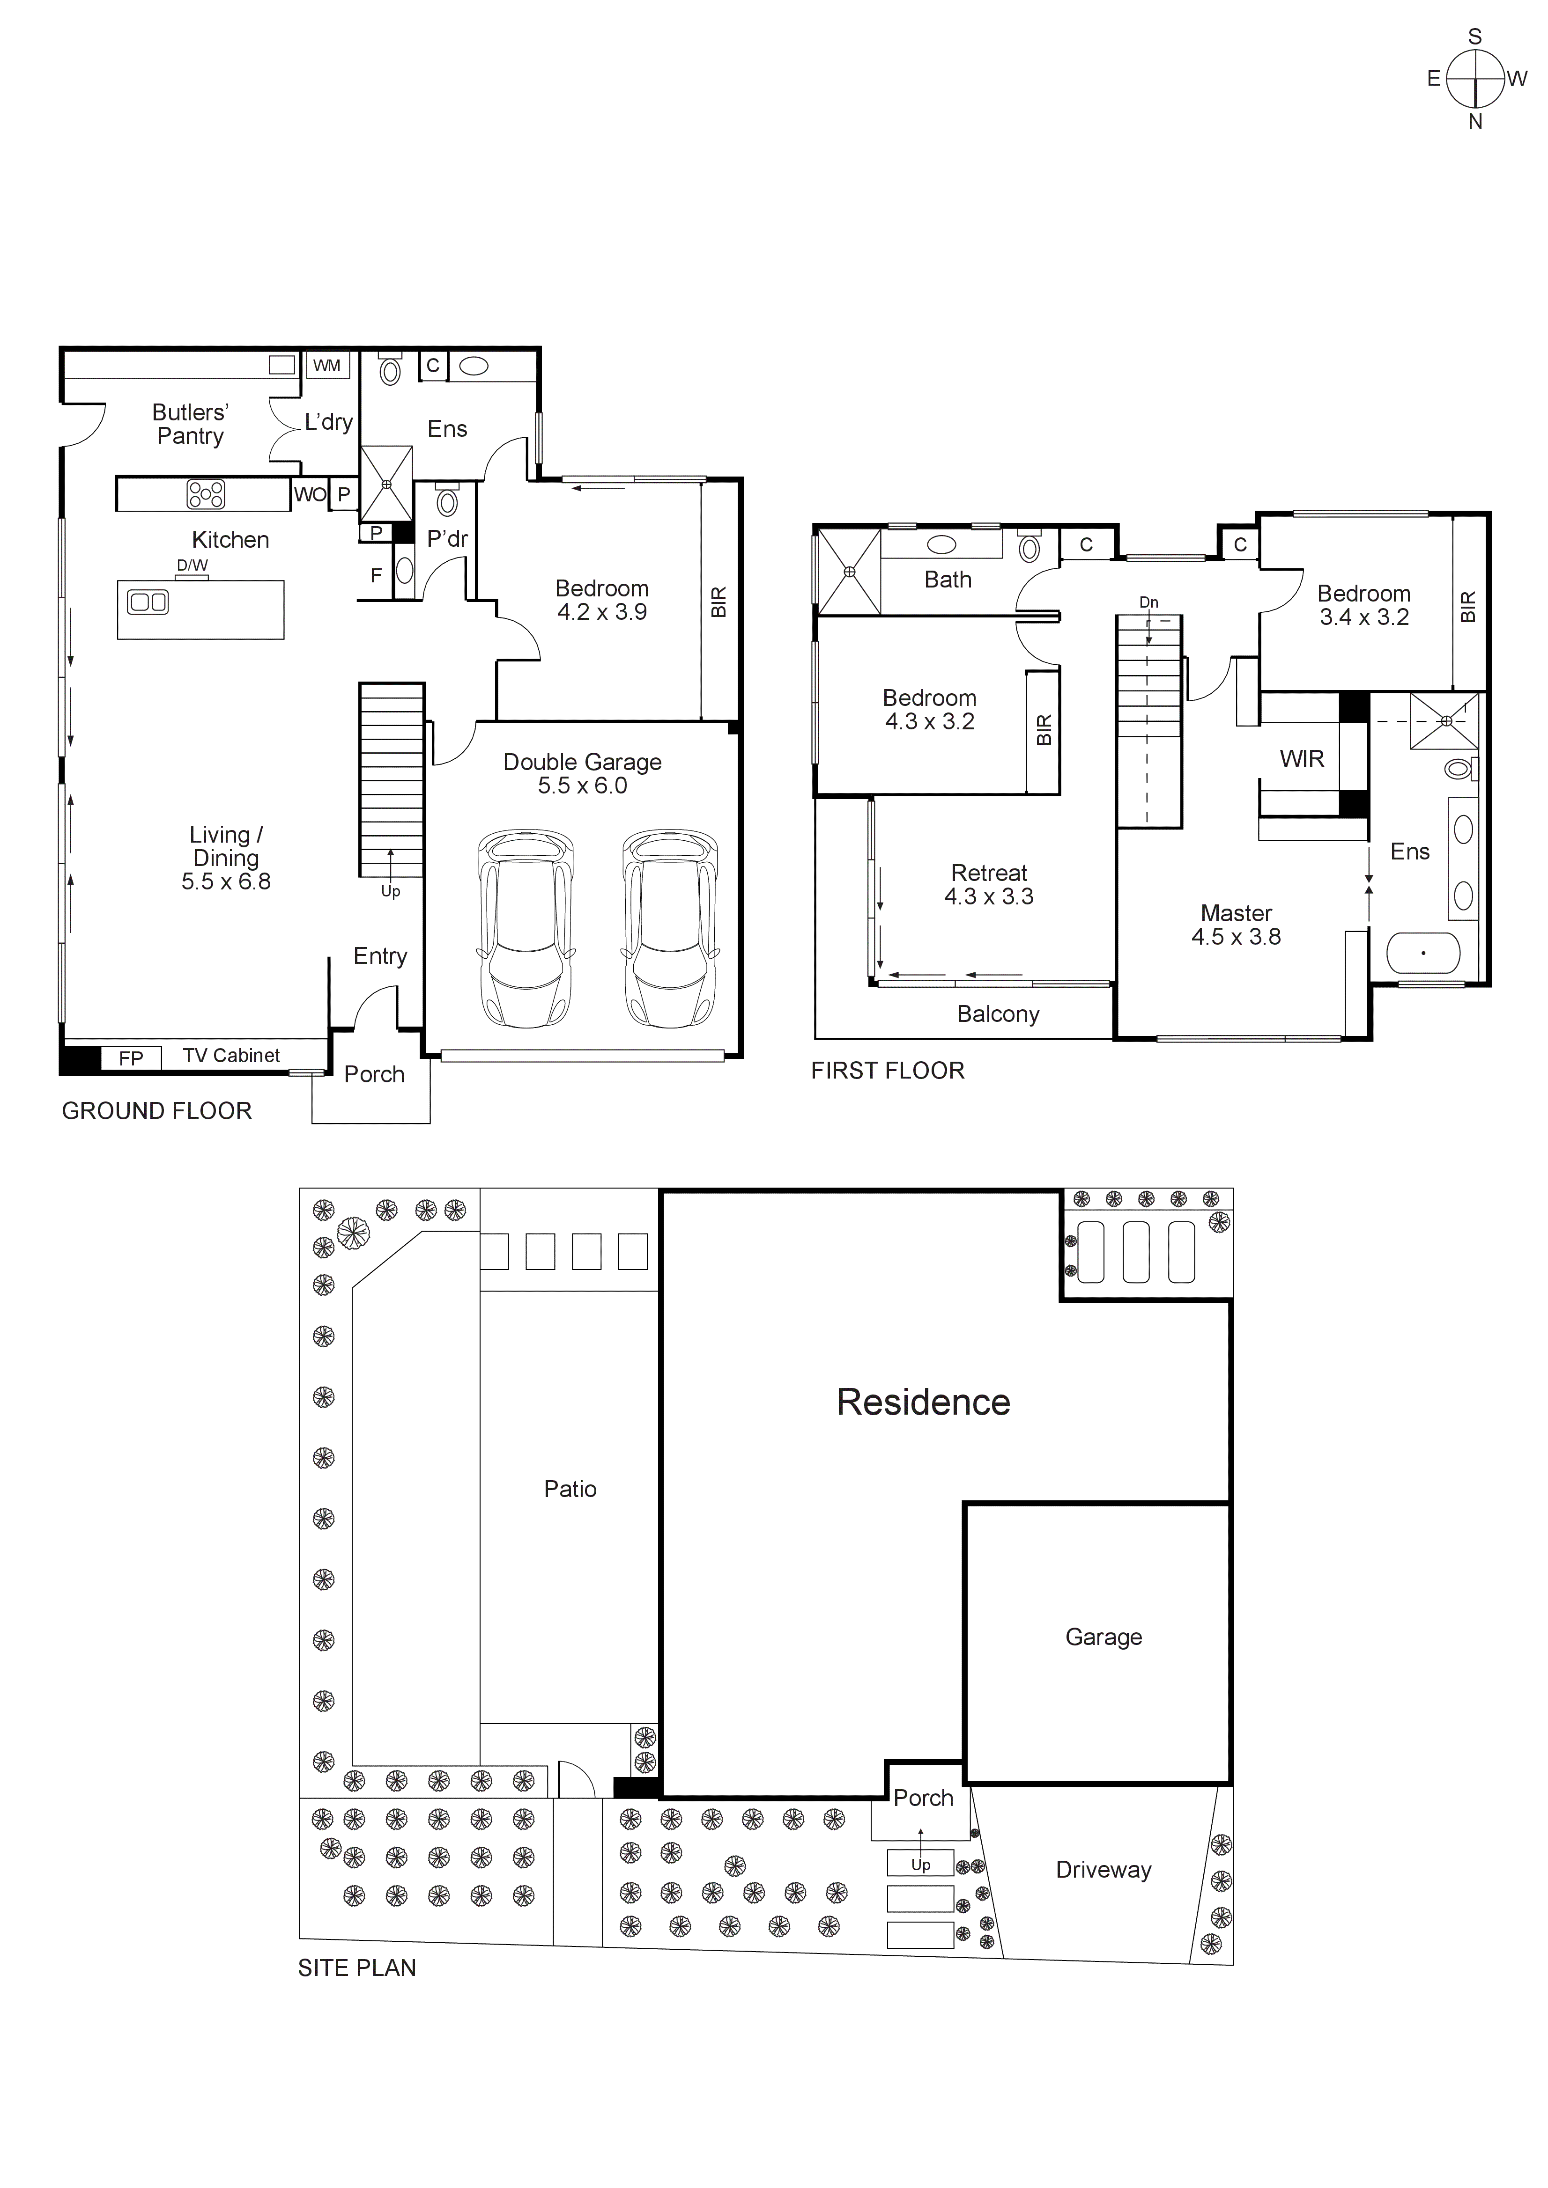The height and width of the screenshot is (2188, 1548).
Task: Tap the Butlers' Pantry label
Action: tap(191, 424)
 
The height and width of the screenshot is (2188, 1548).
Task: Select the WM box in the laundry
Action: tap(327, 365)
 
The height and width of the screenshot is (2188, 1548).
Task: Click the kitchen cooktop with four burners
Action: tap(206, 493)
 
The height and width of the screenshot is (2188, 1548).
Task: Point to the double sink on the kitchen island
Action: tap(148, 602)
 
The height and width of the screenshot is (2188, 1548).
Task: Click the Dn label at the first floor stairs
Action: tap(1148, 602)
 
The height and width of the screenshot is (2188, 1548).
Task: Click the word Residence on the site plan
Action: tap(923, 1402)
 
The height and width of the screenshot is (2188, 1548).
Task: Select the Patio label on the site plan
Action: tap(570, 1489)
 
